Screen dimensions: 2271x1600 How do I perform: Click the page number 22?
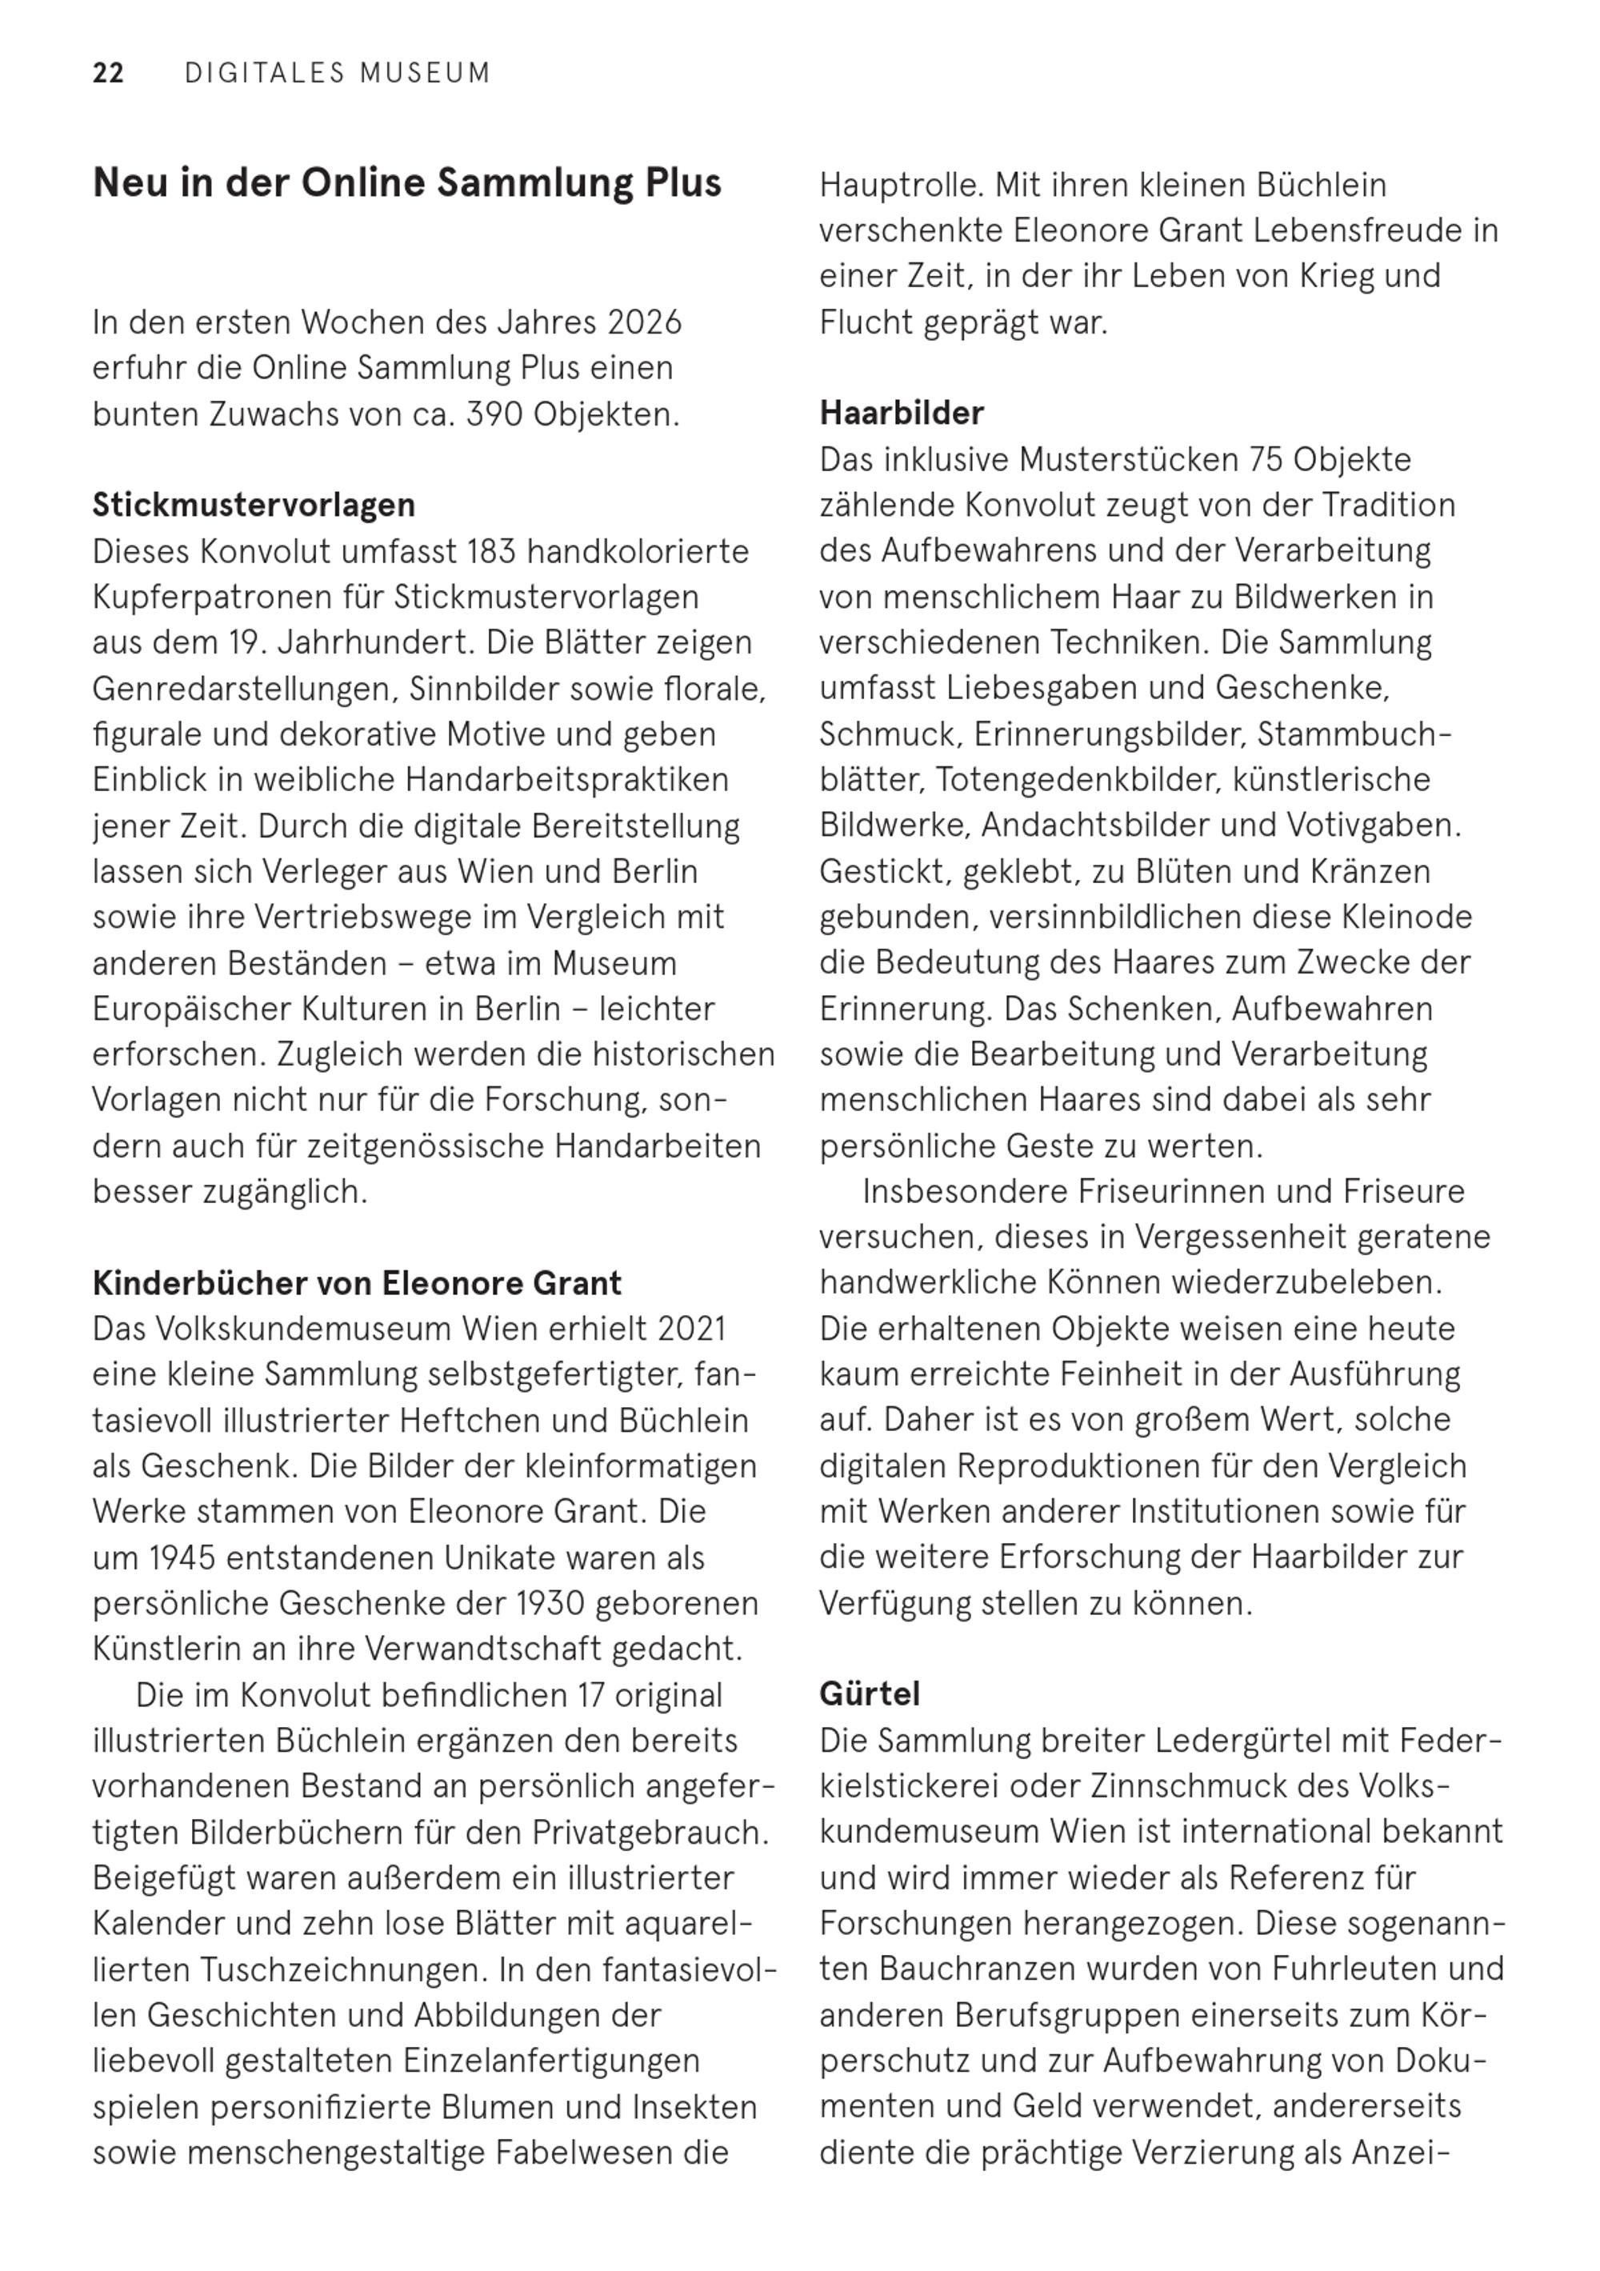pos(108,74)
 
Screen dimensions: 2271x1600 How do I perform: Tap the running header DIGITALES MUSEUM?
pos(338,74)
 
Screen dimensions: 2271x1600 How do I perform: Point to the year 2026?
pos(644,322)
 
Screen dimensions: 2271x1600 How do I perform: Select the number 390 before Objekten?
pos(494,414)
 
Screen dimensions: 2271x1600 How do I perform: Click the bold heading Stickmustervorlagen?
pos(254,506)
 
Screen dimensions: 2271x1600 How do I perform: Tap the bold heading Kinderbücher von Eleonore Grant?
pos(356,1284)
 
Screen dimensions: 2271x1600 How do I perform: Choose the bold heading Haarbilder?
pos(902,414)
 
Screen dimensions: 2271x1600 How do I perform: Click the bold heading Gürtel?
pos(869,1694)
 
